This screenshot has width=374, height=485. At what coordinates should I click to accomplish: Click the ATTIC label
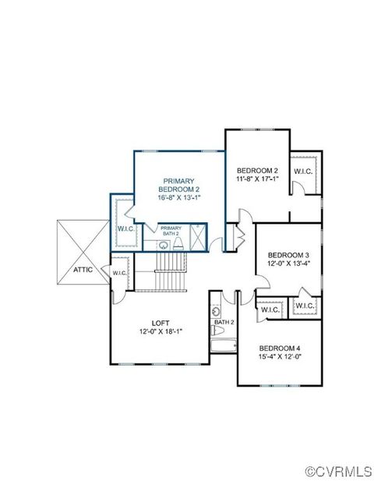(83, 269)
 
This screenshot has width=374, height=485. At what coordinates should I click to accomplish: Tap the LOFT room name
(161, 322)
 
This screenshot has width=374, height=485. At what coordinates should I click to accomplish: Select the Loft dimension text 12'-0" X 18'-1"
(161, 332)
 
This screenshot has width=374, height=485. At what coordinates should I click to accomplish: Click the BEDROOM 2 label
(257, 170)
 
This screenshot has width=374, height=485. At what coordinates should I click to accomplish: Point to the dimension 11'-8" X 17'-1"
(257, 179)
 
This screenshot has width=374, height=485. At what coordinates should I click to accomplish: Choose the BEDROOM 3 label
(289, 254)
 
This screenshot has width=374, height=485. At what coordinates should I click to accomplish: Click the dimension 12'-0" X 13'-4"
(289, 264)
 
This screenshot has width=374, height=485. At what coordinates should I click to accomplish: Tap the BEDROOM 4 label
(280, 348)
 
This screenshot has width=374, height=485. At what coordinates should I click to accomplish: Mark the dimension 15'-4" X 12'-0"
(280, 357)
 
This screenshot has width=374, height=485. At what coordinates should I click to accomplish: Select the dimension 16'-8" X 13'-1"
(180, 198)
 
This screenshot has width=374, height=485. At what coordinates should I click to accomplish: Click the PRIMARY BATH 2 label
(171, 231)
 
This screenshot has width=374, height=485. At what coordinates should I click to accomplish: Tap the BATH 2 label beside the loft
(224, 322)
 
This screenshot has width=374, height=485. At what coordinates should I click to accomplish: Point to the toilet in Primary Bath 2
(178, 245)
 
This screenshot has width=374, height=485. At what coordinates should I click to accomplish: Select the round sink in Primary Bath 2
(164, 245)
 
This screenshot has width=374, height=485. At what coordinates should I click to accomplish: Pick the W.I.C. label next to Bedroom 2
(304, 172)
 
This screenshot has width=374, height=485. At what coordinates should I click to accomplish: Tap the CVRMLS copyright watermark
(337, 472)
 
